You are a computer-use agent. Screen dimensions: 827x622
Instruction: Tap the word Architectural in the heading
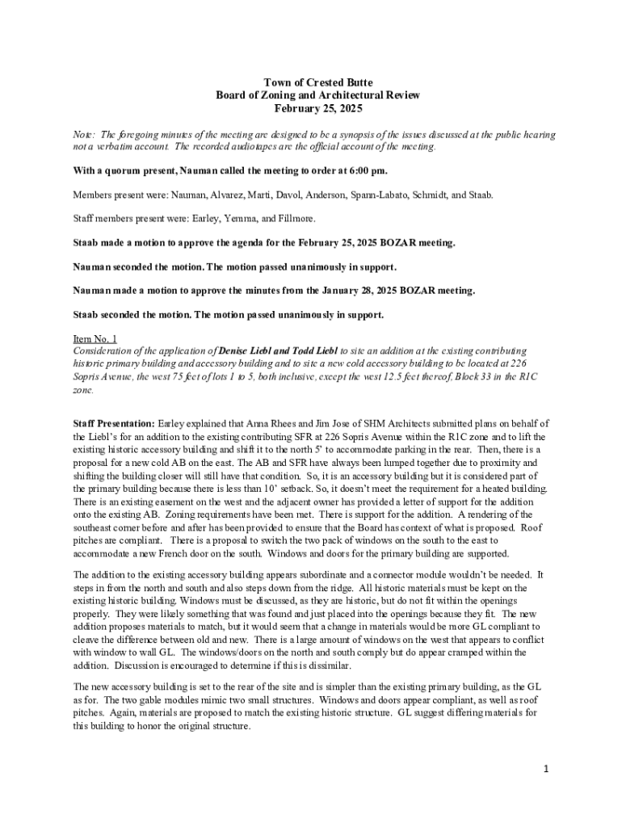click(329, 95)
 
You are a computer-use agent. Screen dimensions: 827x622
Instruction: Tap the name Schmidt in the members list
click(443, 195)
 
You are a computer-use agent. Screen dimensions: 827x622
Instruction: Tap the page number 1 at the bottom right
click(546, 768)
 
